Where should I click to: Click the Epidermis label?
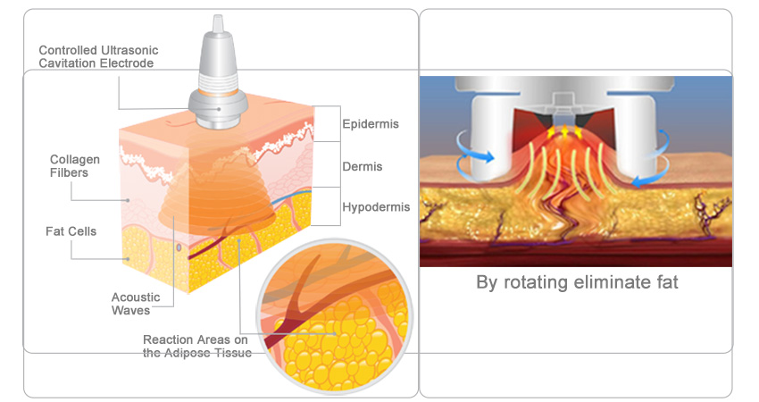click(369, 123)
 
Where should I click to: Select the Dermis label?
click(363, 166)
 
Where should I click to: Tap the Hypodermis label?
click(376, 207)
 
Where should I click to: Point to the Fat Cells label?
click(71, 231)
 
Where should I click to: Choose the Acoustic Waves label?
click(130, 304)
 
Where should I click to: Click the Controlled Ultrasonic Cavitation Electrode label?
click(96, 55)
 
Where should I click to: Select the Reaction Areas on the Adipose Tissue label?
click(197, 346)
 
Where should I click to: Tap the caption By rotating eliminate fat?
click(577, 283)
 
